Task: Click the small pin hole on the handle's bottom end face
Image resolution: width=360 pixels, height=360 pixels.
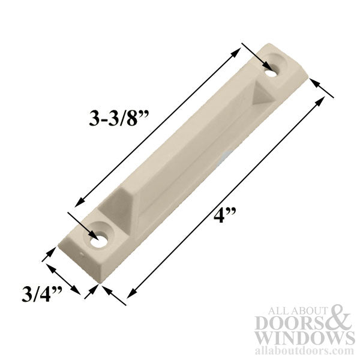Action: pos(82,259)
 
